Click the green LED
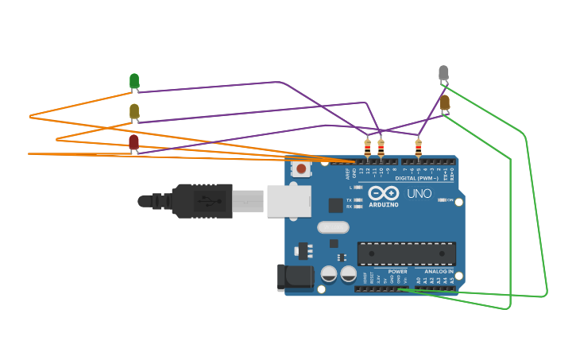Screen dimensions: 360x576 (x=134, y=80)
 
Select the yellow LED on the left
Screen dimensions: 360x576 (x=134, y=110)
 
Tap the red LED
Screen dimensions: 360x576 (x=133, y=141)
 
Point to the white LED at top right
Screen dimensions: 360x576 (x=443, y=73)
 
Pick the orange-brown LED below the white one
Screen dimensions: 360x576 (x=445, y=102)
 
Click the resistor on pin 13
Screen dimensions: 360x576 (x=367, y=147)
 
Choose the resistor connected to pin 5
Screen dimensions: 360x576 (x=418, y=147)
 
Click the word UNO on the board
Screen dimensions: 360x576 (x=419, y=193)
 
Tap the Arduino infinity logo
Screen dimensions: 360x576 (x=383, y=193)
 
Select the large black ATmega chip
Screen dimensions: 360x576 (x=406, y=254)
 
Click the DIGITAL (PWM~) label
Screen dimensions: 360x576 (x=420, y=178)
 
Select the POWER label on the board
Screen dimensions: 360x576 (x=397, y=271)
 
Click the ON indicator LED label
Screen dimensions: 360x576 (x=450, y=199)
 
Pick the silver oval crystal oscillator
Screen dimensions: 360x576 (x=333, y=227)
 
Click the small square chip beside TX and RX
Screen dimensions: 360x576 (x=336, y=205)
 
